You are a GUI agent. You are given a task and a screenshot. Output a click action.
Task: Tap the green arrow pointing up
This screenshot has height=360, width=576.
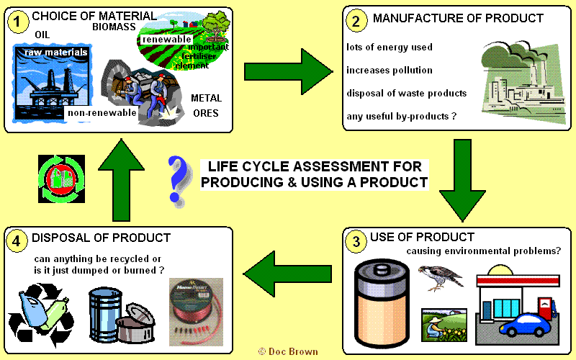[114, 176]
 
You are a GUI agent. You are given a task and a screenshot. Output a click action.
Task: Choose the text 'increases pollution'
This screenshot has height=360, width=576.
[390, 71]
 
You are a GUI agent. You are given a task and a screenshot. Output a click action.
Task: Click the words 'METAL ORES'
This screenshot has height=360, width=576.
[206, 105]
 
